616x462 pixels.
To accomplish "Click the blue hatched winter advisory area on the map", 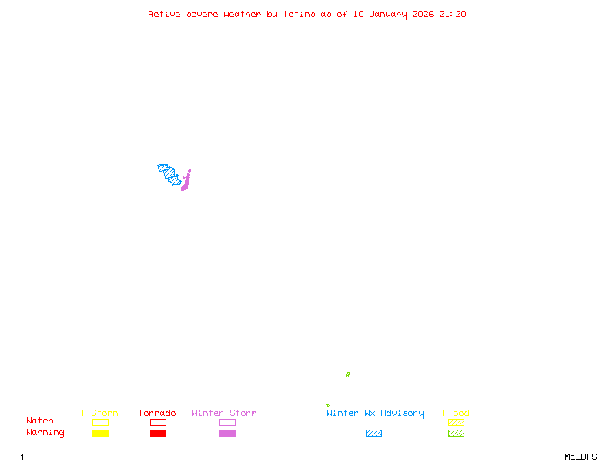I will [x=170, y=175].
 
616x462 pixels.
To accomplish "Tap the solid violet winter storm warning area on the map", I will [x=186, y=182].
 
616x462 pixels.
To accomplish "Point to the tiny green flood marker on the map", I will [x=347, y=375].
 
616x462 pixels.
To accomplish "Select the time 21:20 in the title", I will [x=453, y=14].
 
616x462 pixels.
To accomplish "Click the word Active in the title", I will [x=165, y=14].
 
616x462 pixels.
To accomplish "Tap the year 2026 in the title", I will [x=423, y=14].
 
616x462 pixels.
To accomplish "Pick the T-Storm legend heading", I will [x=99, y=413].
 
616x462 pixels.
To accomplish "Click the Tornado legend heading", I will [x=157, y=413].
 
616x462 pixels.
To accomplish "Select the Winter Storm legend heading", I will [x=224, y=413].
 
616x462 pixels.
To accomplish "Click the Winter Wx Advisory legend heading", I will [x=375, y=413].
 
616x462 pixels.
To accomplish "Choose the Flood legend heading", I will [x=456, y=413].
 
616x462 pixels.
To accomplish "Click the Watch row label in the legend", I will [x=40, y=421].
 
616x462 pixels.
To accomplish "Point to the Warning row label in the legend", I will [x=45, y=433].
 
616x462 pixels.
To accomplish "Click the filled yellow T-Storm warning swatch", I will [x=100, y=434].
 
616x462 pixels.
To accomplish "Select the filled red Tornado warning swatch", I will [x=158, y=434].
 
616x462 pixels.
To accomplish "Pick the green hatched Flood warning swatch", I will [x=456, y=434].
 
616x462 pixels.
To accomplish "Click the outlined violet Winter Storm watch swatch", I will [x=227, y=422].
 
